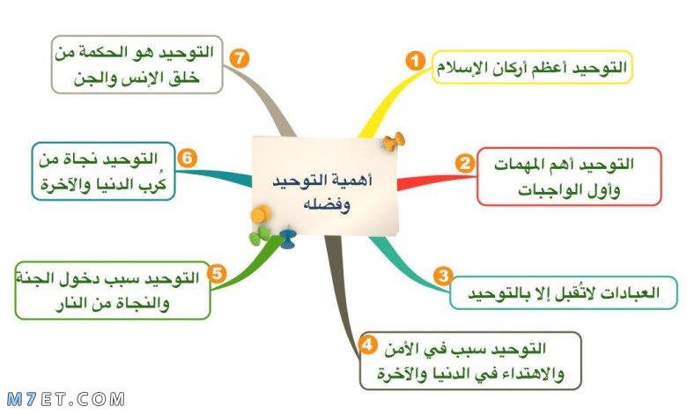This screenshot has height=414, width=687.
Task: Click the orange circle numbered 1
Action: click(x=415, y=61)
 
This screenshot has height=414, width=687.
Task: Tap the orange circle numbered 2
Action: click(x=464, y=163)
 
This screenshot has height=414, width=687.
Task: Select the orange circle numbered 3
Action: click(x=443, y=276)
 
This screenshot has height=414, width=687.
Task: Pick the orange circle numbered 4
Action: click(x=367, y=344)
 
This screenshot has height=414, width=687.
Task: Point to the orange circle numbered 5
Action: click(x=217, y=274)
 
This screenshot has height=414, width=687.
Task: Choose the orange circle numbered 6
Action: click(x=187, y=158)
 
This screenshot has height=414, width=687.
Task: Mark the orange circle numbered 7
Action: click(x=240, y=58)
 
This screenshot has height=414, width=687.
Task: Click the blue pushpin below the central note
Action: click(x=287, y=238)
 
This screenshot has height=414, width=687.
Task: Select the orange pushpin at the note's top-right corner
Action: click(x=394, y=142)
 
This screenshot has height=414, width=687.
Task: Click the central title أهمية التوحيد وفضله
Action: click(x=323, y=192)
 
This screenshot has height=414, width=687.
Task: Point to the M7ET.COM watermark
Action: click(x=66, y=399)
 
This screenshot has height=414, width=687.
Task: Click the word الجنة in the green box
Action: click(x=34, y=278)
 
